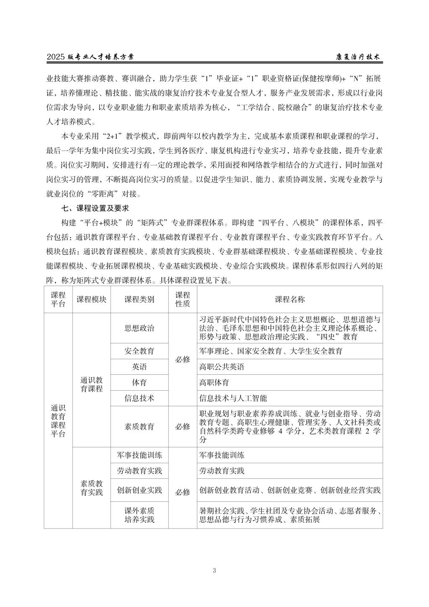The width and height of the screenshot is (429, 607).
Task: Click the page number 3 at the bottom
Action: tap(214, 570)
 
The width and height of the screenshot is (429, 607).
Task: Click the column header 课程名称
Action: tap(289, 299)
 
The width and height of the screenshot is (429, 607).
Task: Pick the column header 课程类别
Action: tap(139, 299)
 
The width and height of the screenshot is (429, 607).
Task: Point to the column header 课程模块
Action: tap(91, 299)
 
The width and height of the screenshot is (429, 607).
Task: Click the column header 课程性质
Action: tap(182, 299)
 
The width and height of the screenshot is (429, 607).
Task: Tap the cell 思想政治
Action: tap(139, 328)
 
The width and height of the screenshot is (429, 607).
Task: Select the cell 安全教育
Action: tap(139, 351)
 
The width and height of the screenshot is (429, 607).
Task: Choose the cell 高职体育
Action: tap(214, 383)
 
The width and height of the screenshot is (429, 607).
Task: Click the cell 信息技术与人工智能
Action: tap(233, 398)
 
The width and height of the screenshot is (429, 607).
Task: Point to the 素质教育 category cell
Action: tap(139, 427)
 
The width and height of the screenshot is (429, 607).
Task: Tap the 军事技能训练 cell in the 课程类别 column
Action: tap(139, 455)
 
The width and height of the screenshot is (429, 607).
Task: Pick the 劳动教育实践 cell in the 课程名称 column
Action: tap(222, 471)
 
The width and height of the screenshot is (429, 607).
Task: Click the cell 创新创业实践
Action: tap(139, 490)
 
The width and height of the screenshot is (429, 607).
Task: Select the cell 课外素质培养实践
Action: tap(139, 515)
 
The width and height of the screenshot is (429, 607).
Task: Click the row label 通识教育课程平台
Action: tap(58, 420)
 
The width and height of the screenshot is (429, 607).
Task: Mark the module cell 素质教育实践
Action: tap(91, 488)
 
